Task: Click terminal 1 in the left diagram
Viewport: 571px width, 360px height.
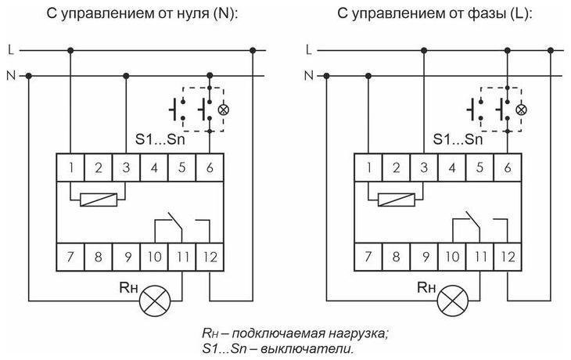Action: coord(71,167)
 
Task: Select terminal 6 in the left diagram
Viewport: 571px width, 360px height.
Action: coord(210,167)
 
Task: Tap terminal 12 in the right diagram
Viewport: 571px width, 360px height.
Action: coord(507,256)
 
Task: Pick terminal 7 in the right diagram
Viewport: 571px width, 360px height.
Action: coord(368,256)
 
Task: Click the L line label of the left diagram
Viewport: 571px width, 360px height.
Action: coord(10,51)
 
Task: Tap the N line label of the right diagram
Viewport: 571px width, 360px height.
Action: coord(307,76)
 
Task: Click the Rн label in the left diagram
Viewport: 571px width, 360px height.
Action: coord(130,286)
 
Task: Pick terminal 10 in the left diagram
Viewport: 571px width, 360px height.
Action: coord(155,256)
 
